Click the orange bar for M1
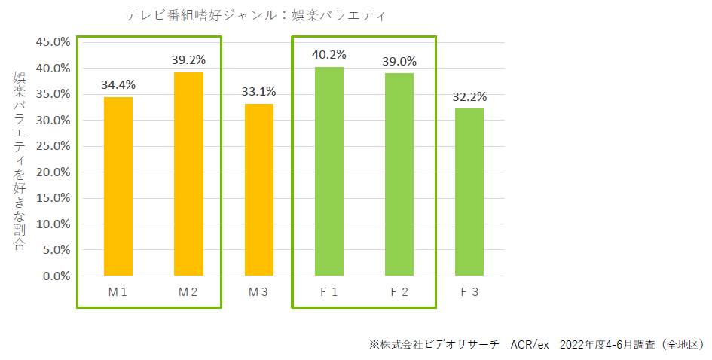(x=118, y=187)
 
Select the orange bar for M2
(x=188, y=174)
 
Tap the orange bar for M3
(x=258, y=190)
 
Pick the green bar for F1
(x=328, y=172)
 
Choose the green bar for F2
(x=399, y=175)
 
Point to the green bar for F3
(x=469, y=192)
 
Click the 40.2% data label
(x=329, y=55)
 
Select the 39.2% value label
(x=188, y=59)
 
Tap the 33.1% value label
(x=258, y=92)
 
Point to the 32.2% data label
(x=469, y=97)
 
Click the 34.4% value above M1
(x=118, y=85)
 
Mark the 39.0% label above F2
(x=399, y=61)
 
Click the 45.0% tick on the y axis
(x=53, y=42)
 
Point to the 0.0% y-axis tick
(x=56, y=276)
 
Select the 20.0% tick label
(x=53, y=172)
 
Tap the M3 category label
(x=258, y=292)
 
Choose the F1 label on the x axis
(x=328, y=292)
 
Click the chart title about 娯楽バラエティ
(x=259, y=15)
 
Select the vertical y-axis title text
(x=20, y=161)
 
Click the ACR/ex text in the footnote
(x=530, y=344)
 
